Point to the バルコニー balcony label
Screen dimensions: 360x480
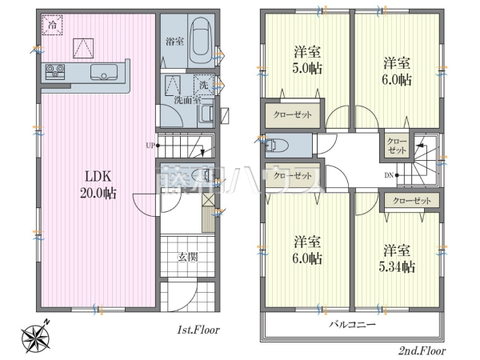353,325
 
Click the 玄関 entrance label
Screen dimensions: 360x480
187,258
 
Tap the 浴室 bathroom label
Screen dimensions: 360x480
174,42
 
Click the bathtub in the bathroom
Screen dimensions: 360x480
199,39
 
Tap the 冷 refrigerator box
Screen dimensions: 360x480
51,26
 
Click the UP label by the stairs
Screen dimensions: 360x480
150,145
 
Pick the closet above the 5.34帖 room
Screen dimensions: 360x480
412,200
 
